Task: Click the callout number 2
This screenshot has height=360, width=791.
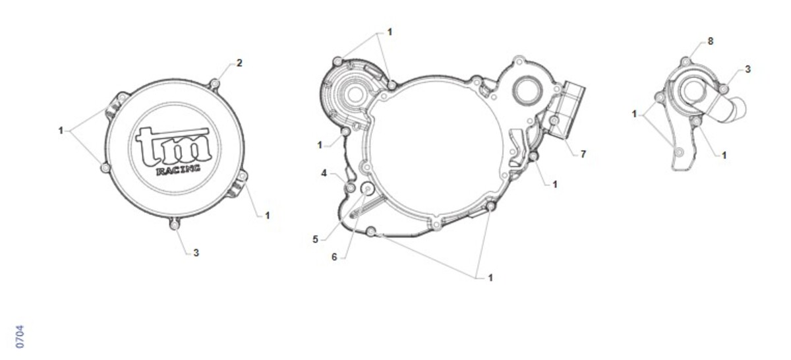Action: click(239, 63)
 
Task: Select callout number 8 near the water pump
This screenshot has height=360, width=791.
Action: click(711, 42)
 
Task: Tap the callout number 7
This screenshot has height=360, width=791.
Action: click(583, 154)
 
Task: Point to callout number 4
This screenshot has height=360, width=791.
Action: click(324, 173)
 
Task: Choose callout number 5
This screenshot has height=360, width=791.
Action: click(315, 239)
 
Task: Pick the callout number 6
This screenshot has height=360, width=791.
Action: click(334, 257)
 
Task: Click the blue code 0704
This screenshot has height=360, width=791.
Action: click(20, 337)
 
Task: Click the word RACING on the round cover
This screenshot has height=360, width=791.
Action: click(177, 169)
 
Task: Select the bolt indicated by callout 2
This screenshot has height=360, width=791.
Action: click(214, 84)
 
